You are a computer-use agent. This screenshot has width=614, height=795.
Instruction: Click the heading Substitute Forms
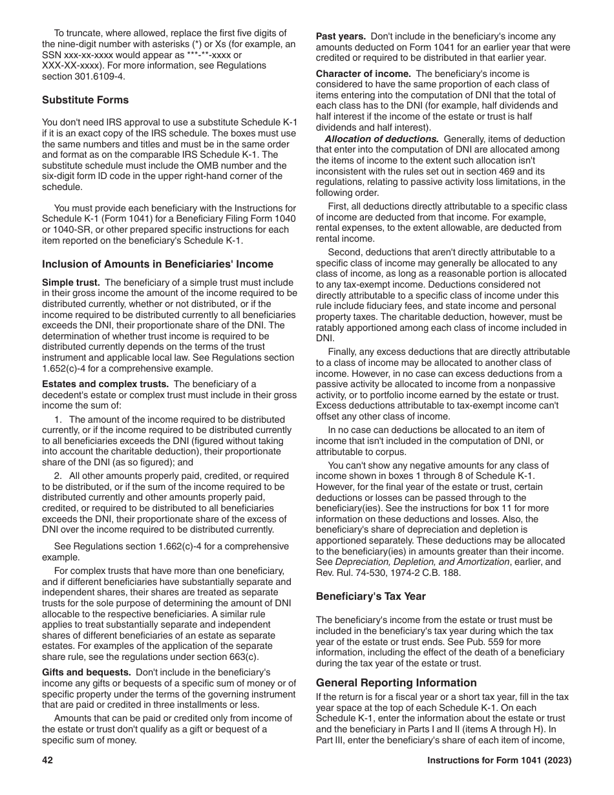[x=85, y=100]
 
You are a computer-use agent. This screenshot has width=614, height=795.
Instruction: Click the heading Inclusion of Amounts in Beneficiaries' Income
[x=158, y=264]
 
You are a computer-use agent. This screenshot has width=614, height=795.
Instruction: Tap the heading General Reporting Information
[x=396, y=683]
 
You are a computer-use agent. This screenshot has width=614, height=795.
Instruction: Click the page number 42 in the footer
[x=47, y=761]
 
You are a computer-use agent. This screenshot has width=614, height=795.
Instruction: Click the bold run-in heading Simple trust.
[x=71, y=282]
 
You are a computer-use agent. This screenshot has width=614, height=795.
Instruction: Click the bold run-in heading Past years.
[x=341, y=36]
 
